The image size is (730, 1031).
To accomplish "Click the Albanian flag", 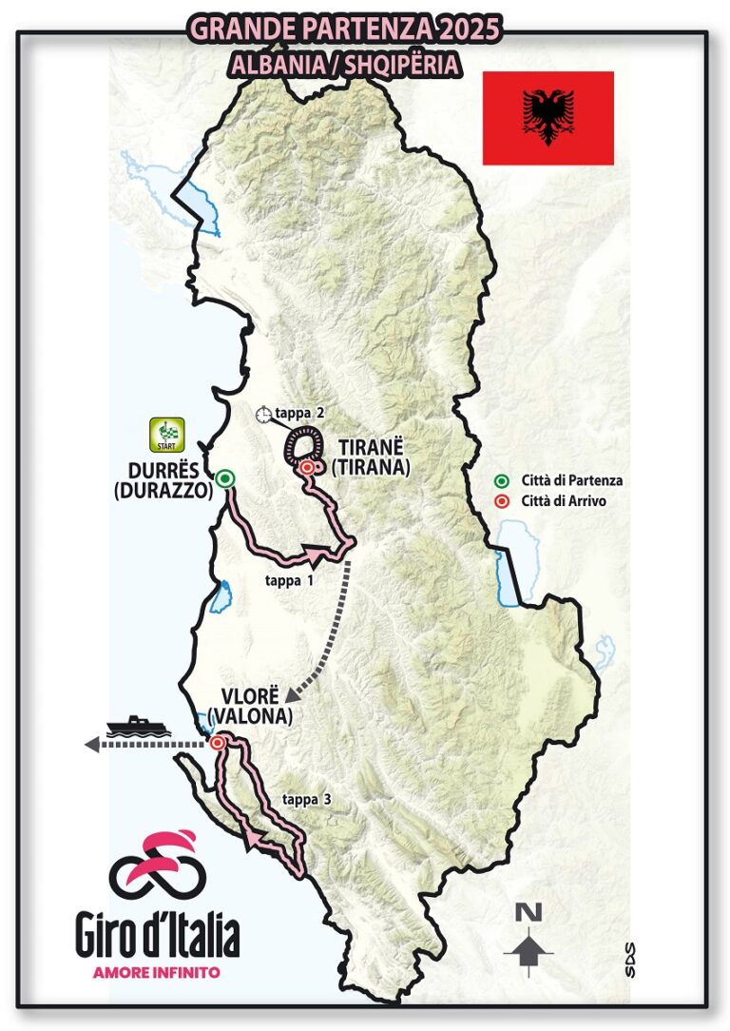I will (547, 118).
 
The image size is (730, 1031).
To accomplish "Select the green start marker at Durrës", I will (224, 478).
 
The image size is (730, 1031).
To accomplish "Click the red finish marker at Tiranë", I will (306, 468).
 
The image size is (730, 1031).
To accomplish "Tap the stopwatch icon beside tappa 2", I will (263, 415).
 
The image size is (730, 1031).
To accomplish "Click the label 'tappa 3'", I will (306, 800).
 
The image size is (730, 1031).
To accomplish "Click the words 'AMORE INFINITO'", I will (157, 972).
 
